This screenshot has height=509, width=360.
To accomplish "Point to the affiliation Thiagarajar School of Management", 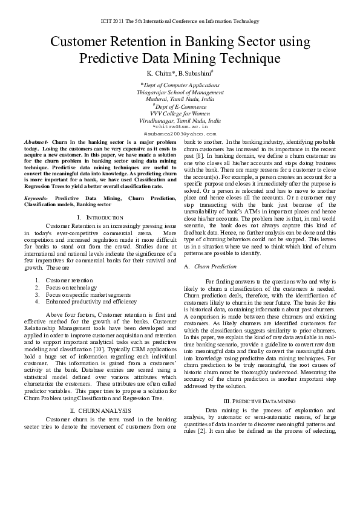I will pos(180,92).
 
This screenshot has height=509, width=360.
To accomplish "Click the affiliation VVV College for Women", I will pos(180,113).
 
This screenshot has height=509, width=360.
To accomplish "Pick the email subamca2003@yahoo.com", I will pos(180,133).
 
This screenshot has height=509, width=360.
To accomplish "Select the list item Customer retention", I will pos(70,280).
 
